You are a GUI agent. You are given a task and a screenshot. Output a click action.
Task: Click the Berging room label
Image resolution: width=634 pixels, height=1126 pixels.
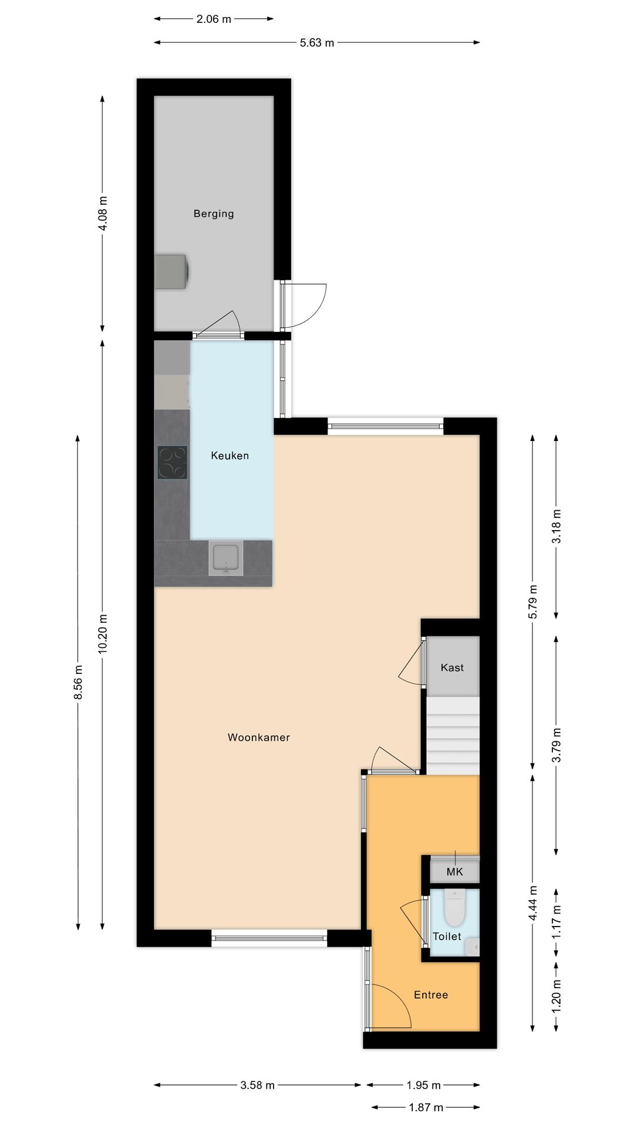point(214,214)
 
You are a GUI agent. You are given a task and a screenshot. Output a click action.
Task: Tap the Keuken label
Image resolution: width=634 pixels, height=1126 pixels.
point(230,456)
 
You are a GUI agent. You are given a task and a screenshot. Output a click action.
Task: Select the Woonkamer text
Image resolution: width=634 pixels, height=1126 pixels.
point(259,738)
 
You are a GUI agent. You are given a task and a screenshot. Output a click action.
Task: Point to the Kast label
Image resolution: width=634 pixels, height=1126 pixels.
point(452,667)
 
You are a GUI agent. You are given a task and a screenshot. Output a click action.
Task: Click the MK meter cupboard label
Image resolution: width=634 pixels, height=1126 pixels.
point(455,872)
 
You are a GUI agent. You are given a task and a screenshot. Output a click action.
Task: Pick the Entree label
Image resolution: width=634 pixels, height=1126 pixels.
point(431,995)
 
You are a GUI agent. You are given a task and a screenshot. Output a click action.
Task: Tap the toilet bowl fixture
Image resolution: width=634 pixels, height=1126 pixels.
point(454,907)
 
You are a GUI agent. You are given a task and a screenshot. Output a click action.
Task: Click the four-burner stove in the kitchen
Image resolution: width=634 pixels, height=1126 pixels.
point(172,463)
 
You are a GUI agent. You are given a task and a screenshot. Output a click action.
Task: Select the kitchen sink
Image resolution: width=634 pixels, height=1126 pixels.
point(226,558)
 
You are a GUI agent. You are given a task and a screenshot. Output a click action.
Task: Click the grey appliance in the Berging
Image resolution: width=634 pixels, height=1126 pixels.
point(171,272)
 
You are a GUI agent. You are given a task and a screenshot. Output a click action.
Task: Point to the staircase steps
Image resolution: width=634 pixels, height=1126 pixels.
point(453,736)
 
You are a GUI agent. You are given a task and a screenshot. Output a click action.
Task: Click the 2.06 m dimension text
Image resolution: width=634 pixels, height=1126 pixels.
point(214,19)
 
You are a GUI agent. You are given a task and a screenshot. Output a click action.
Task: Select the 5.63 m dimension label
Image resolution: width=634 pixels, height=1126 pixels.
point(317,43)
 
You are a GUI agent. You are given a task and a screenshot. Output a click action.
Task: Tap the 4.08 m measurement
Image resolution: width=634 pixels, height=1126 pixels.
point(103,213)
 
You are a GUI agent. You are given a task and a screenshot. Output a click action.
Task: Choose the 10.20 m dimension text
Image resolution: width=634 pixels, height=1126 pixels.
point(103,633)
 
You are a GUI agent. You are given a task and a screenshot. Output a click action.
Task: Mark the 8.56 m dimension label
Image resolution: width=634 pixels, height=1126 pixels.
point(78,683)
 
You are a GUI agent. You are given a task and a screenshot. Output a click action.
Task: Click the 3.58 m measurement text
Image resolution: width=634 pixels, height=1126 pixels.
point(258,1086)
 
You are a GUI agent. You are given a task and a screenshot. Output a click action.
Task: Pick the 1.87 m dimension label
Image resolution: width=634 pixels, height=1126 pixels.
point(426,1108)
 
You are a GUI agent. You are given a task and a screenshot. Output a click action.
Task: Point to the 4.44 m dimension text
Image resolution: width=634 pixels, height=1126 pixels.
point(533,903)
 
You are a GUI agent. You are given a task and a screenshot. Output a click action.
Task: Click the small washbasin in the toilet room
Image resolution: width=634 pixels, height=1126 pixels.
point(473,946)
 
